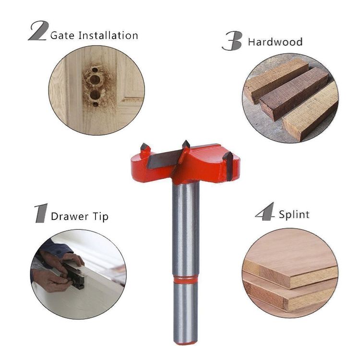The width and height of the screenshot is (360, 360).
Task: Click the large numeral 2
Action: coord(38,31)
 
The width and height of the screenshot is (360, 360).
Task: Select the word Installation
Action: coord(108,36)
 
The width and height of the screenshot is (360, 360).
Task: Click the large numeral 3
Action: coord(232,41)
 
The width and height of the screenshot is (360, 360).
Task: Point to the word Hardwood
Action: coord(275,42)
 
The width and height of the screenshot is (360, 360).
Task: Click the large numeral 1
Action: coord(41,213)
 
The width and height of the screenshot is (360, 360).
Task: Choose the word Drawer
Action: coord(70,216)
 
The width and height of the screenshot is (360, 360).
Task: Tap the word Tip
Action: coord(101,217)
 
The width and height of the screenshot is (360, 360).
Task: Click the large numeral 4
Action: coord(265,212)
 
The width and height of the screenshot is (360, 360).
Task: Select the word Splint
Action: coord(294,215)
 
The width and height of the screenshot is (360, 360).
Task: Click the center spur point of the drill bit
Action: coord(186,144)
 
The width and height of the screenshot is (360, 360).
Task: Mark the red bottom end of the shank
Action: coord(185,343)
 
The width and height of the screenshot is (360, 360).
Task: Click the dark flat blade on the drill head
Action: coord(164,159)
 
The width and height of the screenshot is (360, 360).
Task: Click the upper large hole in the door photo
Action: coord(95,79)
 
